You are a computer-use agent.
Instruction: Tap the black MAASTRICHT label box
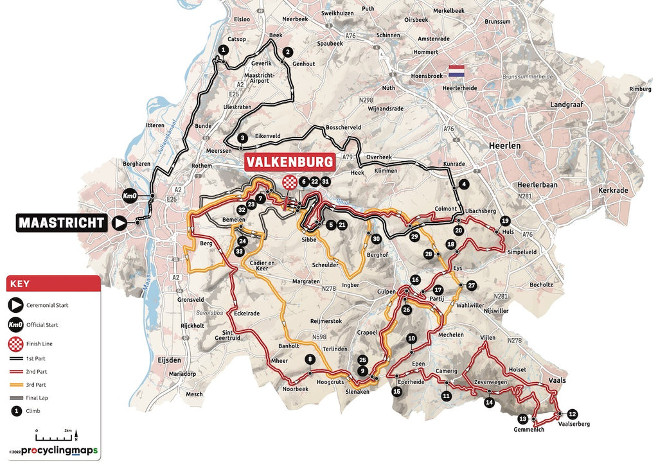click(62, 223)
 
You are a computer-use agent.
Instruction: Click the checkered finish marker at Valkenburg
click(291, 182)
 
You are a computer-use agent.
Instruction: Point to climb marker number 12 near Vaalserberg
click(573, 414)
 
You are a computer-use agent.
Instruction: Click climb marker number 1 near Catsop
click(223, 49)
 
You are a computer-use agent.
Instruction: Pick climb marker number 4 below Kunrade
click(463, 184)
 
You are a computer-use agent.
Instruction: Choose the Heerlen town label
click(504, 146)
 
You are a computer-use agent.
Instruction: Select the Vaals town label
click(557, 380)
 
